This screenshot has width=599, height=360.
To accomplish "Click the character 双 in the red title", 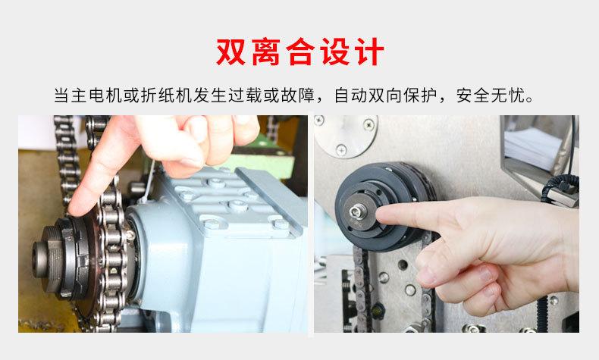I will tap(232, 52).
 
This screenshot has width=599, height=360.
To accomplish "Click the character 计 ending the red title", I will tap(368, 52).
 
